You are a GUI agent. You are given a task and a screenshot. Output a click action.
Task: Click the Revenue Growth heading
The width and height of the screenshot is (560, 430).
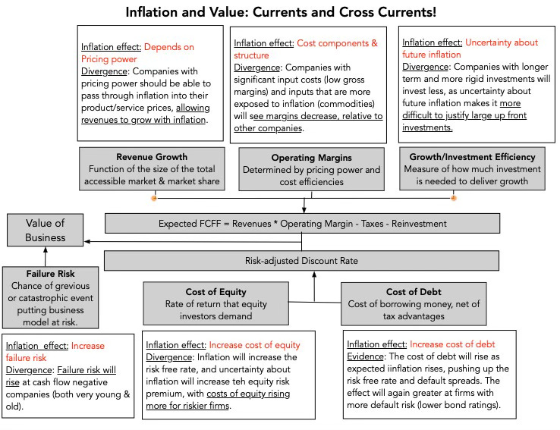[152, 157]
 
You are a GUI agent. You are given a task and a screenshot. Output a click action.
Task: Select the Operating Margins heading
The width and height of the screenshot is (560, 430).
[311, 158]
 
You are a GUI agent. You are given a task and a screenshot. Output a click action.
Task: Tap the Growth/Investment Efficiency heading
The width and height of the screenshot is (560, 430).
[472, 157]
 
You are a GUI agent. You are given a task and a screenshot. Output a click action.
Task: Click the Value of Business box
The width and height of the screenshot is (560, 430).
[46, 230]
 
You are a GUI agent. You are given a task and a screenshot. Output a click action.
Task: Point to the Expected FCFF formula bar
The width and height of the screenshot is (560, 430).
[302, 224]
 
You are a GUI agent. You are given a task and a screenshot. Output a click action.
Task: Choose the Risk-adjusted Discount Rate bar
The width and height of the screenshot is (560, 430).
[301, 261]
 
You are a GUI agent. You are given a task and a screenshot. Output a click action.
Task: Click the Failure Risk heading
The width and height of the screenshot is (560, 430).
[50, 274]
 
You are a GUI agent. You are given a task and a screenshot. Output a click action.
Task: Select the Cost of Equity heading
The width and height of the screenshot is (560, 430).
[216, 292]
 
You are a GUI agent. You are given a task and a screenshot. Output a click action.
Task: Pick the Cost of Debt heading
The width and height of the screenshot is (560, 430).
[414, 292]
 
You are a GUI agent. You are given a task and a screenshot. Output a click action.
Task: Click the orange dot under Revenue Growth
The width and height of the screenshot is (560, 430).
[154, 198]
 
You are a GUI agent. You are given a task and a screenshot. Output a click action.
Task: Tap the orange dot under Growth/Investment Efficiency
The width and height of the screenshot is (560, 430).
[454, 198]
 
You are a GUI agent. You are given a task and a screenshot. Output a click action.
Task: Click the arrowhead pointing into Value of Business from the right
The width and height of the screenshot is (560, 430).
[87, 242]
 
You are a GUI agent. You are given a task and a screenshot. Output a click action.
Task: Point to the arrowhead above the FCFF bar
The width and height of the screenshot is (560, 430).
[304, 210]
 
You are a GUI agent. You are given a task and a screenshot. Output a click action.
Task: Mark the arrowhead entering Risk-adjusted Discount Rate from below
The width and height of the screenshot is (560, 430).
[314, 275]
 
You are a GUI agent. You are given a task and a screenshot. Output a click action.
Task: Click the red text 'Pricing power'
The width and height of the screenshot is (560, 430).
[109, 59]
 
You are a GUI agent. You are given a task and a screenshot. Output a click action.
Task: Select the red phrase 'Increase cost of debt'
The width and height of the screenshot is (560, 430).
[452, 344]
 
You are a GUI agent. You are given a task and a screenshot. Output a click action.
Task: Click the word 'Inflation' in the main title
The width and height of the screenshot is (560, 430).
[152, 12]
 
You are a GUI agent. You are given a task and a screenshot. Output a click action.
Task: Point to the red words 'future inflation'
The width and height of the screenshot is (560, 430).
[432, 55]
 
